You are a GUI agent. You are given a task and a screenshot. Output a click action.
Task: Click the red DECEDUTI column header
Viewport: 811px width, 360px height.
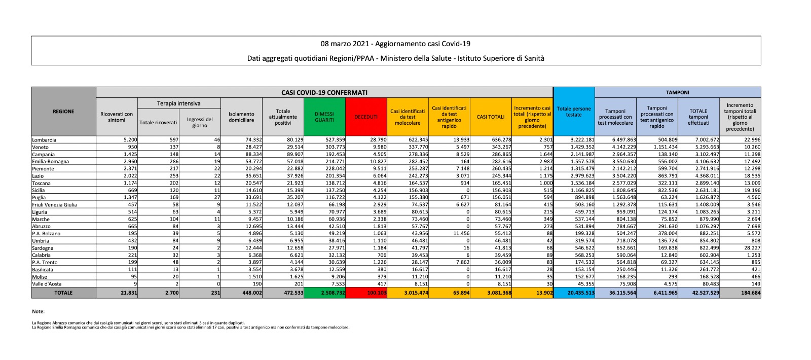(x=366, y=117)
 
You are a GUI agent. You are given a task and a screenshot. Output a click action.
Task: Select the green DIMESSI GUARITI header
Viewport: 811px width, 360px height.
(x=324, y=117)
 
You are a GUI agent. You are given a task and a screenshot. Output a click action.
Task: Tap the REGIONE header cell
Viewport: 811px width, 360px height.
(x=63, y=112)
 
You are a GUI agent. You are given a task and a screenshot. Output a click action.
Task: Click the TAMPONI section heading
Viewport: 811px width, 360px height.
(x=677, y=93)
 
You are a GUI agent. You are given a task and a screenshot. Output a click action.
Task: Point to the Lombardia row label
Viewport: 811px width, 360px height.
(x=44, y=140)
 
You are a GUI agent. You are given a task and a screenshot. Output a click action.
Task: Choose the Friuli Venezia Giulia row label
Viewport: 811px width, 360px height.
(x=55, y=205)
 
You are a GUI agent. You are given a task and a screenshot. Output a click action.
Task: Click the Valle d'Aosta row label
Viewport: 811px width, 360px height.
(x=47, y=284)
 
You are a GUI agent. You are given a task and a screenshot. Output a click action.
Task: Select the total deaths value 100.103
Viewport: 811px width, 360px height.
(x=376, y=293)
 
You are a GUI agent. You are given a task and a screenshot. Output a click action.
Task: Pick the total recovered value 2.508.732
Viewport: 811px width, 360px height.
(x=333, y=293)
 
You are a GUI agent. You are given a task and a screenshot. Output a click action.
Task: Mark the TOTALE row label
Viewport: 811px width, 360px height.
(x=63, y=293)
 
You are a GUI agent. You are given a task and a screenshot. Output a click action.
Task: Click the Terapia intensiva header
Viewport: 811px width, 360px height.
(x=178, y=103)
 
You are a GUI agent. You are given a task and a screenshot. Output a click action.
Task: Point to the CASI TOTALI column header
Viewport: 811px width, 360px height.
(x=491, y=117)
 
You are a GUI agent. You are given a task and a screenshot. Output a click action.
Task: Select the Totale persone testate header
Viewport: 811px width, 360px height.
(x=574, y=112)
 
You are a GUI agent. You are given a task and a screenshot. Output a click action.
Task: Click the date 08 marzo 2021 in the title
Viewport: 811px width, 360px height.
(x=346, y=44)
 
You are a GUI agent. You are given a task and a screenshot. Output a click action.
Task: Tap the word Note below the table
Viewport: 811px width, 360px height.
(x=38, y=311)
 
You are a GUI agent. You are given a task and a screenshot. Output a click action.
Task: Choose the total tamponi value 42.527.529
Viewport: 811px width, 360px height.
(x=705, y=293)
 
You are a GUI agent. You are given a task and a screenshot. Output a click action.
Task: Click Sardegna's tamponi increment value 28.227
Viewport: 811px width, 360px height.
(x=752, y=248)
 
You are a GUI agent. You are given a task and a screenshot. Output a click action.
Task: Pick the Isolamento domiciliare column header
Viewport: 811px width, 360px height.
(x=241, y=117)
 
